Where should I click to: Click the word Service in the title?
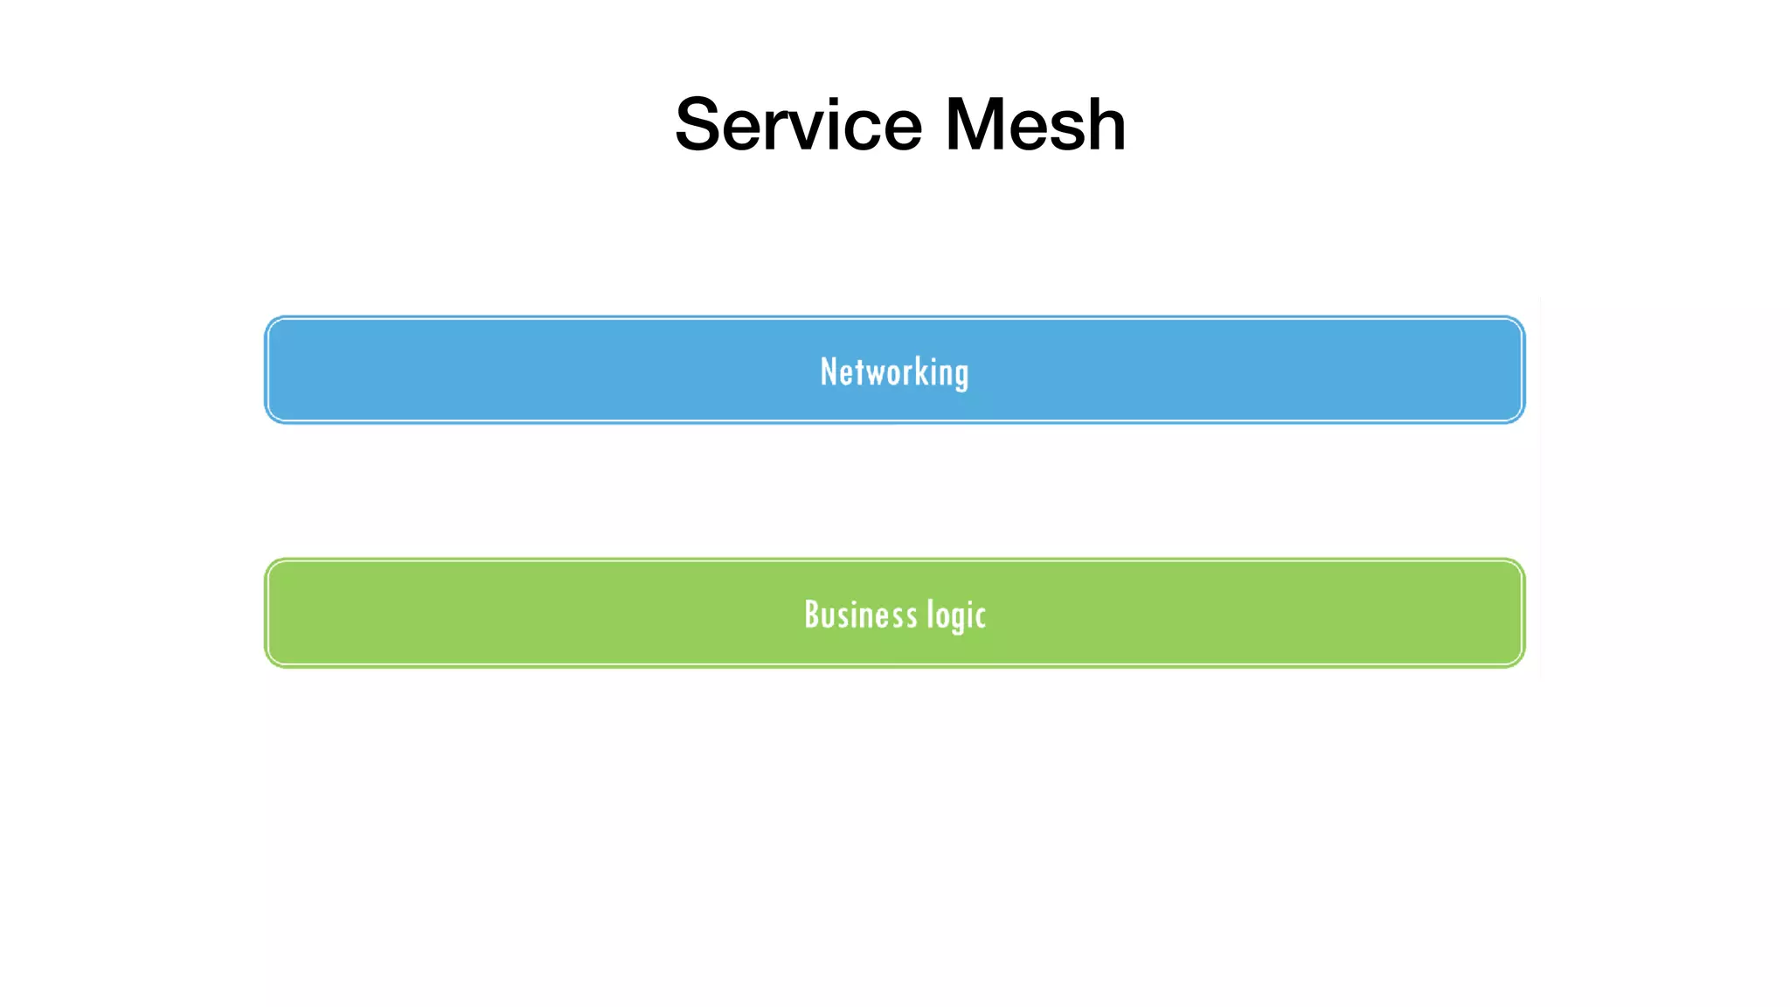798,124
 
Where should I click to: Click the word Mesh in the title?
1035,124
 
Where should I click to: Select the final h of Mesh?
1105,125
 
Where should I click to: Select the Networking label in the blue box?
894,372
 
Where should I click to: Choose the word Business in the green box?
860,615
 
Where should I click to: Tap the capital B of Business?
812,615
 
